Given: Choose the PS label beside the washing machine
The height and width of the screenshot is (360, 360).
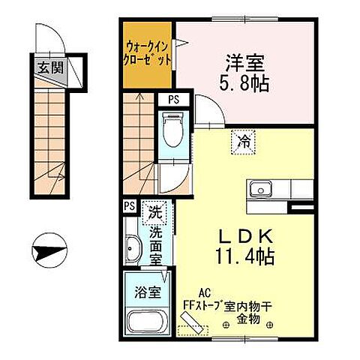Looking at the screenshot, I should [x=129, y=205].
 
